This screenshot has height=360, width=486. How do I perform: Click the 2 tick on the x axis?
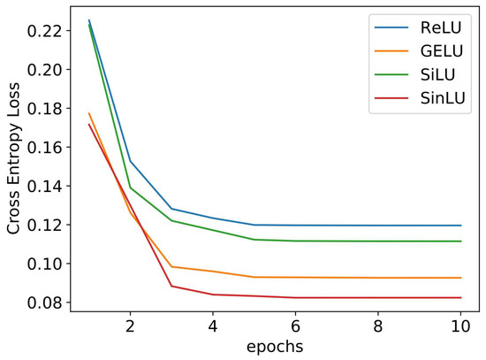tap(131, 325)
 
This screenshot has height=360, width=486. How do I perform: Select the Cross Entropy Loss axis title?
tap(15, 165)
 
